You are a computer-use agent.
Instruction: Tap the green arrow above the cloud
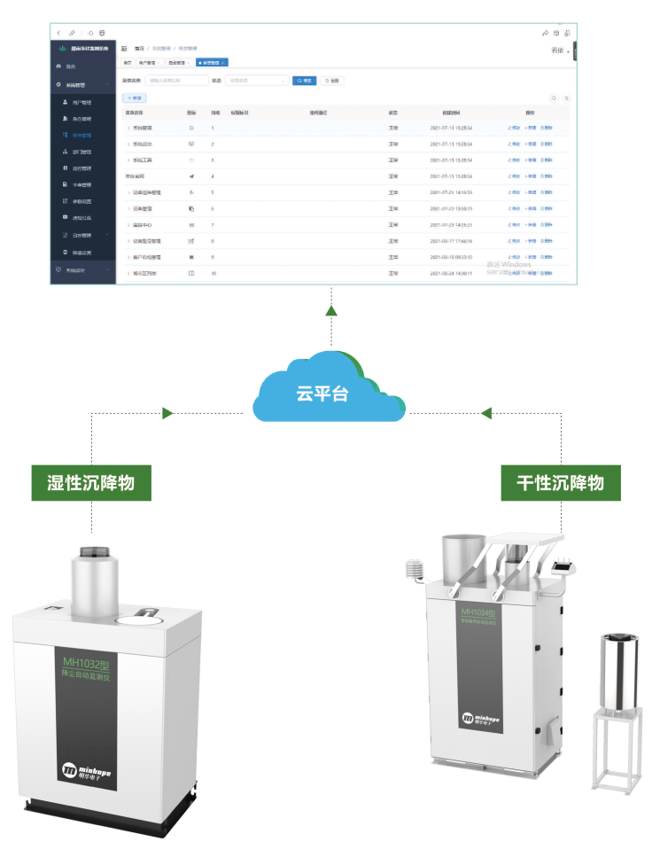331,311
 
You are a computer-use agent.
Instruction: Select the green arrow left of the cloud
167,413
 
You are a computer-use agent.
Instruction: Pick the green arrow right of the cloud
485,413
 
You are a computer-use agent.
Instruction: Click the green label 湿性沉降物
91,483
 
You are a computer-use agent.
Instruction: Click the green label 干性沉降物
560,483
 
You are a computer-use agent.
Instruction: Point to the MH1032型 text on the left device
87,662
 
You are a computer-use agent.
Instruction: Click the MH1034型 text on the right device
478,612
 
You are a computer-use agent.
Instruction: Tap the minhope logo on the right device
479,717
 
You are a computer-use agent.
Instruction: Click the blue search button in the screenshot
304,80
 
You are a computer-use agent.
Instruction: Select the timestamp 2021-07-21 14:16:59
451,192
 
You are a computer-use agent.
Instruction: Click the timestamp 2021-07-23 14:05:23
451,224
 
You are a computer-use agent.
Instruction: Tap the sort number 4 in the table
213,176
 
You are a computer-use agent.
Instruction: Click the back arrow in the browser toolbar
58,33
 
